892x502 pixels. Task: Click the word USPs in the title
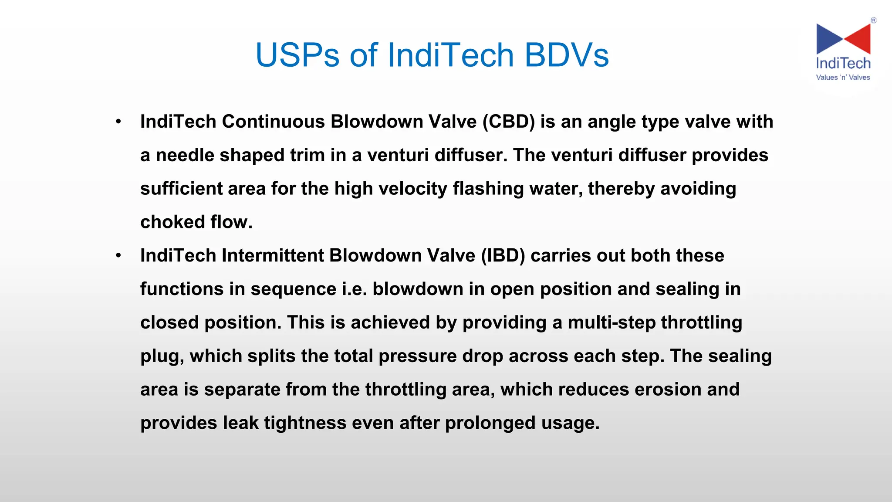[297, 55]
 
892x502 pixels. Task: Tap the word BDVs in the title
[566, 55]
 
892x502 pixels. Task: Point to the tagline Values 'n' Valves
[843, 78]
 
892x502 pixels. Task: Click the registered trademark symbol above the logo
[873, 20]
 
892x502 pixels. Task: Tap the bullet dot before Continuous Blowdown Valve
[118, 122]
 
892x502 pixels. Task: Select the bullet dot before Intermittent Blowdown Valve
[118, 256]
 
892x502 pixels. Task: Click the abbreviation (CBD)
[508, 122]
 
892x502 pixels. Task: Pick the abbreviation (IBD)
[503, 255]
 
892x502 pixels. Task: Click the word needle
[185, 155]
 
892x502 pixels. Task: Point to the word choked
[172, 222]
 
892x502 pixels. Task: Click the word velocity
[412, 189]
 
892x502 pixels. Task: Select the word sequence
[293, 289]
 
